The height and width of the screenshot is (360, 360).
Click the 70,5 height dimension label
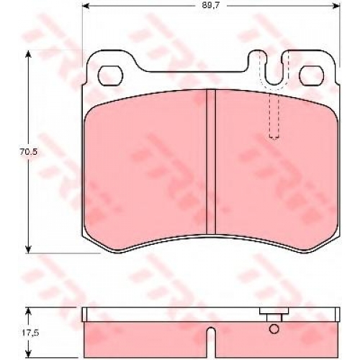[29, 152]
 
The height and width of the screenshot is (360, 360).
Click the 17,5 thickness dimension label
[29, 333]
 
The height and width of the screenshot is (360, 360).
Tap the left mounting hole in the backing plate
[111, 76]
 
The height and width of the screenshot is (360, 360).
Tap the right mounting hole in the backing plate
[311, 76]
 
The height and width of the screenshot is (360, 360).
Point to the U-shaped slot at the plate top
[274, 84]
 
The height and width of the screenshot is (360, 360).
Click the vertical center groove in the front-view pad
[211, 162]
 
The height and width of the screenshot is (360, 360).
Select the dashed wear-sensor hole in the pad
[274, 117]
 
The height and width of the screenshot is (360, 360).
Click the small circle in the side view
[274, 329]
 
